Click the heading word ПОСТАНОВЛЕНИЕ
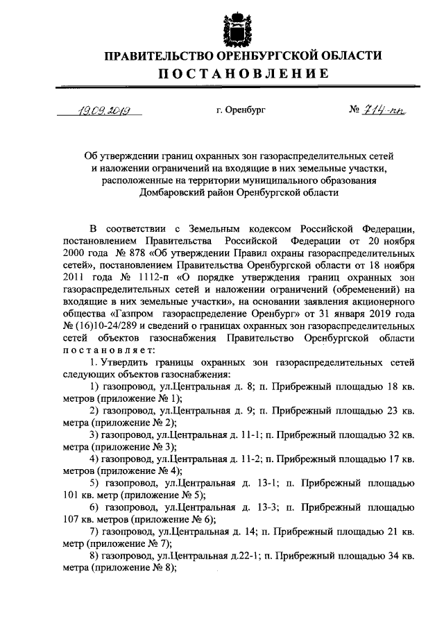pos(242,74)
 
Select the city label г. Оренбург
pos(241,110)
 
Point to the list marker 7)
pos(96,533)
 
